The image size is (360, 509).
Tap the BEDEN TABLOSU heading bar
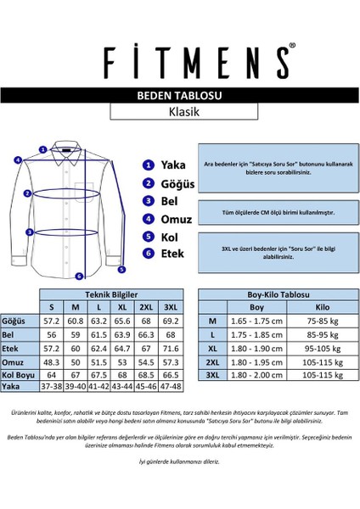click(179, 97)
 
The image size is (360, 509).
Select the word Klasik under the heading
click(179, 112)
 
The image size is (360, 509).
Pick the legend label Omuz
click(177, 218)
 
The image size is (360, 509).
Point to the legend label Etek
click(175, 253)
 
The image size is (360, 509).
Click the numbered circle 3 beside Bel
click(149, 201)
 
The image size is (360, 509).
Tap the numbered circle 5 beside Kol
click(149, 236)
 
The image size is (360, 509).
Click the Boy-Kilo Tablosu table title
click(269, 293)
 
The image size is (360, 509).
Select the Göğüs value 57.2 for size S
click(53, 322)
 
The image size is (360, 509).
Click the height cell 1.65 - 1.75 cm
click(256, 322)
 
